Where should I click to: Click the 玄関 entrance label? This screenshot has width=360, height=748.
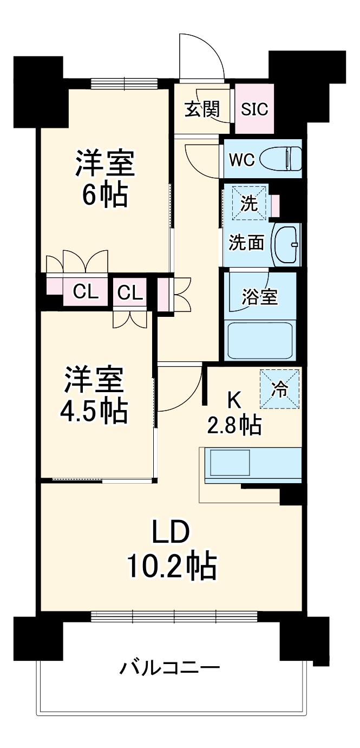[202, 109]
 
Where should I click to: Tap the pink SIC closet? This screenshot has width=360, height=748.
[254, 109]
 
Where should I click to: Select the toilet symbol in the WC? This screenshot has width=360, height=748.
[280, 159]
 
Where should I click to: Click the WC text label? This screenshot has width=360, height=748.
[241, 160]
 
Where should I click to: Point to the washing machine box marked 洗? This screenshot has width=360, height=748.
[250, 203]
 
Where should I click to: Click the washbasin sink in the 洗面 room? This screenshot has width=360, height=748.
[286, 244]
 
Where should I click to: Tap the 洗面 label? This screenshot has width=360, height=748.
[246, 243]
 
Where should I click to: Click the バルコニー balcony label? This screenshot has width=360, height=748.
[169, 667]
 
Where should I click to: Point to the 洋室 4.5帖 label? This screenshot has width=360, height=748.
[95, 395]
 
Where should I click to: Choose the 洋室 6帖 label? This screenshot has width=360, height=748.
[104, 179]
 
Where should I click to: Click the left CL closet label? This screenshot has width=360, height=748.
[86, 292]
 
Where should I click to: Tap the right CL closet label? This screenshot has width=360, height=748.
[130, 292]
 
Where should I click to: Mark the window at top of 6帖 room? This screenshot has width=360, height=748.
[124, 83]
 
